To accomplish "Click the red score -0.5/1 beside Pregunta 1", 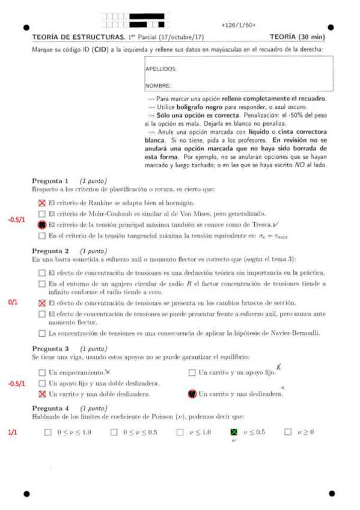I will (x=17, y=220).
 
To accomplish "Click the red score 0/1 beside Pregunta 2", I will (x=13, y=302).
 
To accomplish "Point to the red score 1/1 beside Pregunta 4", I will (x=13, y=432).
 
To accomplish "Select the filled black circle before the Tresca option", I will (x=41, y=225).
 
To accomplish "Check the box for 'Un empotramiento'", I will (x=41, y=372).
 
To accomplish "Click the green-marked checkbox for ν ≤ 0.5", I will (x=234, y=432).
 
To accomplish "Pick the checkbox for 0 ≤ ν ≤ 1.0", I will (x=48, y=432).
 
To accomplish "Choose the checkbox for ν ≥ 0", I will (x=288, y=432).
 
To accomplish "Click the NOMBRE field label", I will (x=158, y=85).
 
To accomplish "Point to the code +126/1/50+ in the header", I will (x=238, y=25).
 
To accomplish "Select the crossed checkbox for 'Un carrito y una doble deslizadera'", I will (x=41, y=394).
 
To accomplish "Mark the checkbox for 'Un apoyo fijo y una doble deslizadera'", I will (x=41, y=383).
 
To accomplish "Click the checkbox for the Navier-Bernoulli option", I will (x=41, y=333).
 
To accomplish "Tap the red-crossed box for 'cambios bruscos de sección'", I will (x=41, y=303).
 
